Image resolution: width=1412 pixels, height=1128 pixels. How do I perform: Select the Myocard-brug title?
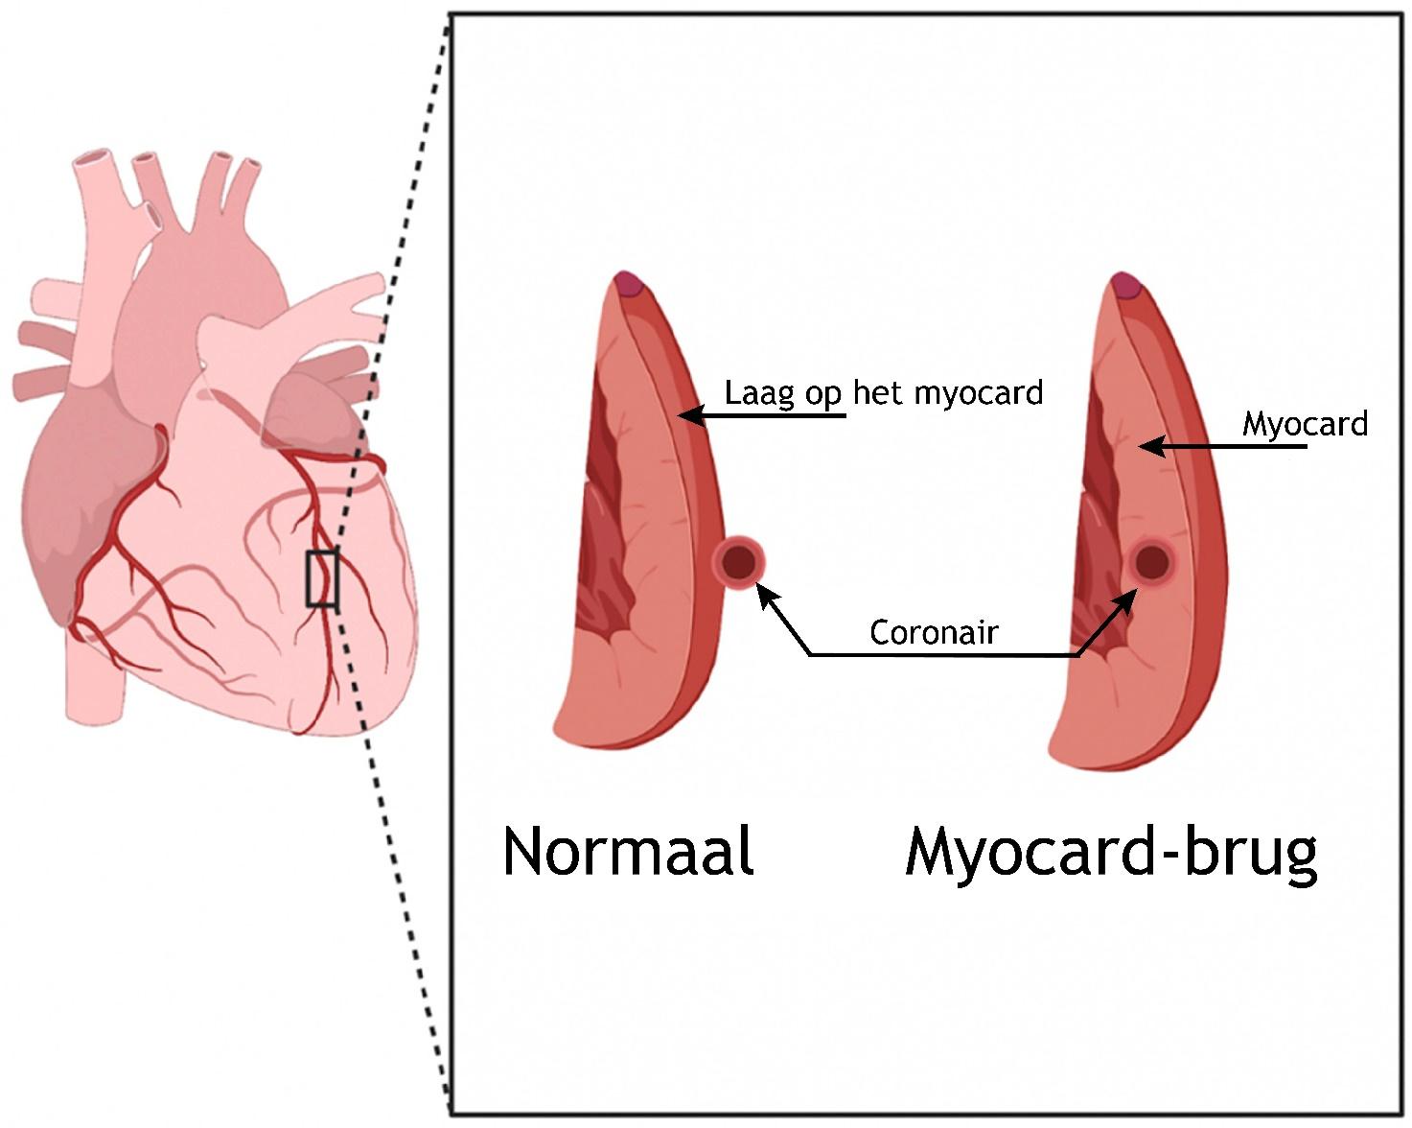[1110, 853]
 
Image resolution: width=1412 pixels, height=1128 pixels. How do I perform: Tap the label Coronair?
[934, 632]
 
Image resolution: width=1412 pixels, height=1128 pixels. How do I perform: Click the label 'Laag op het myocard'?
[883, 393]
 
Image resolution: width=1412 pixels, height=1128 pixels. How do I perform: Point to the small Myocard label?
[1305, 424]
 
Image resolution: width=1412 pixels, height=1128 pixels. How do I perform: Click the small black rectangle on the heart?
[322, 578]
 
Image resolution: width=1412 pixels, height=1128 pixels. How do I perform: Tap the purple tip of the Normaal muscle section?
[629, 284]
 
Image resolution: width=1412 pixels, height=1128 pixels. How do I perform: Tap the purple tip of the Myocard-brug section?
[1125, 284]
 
